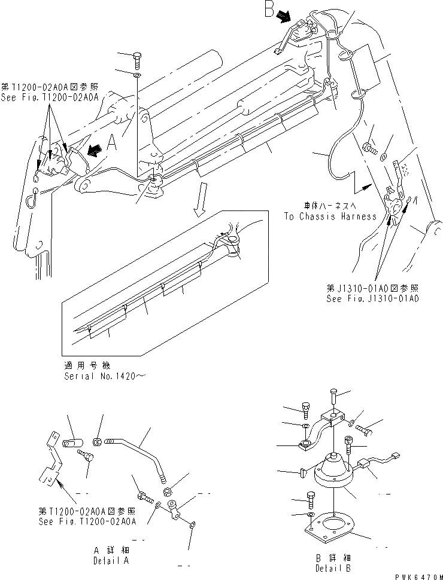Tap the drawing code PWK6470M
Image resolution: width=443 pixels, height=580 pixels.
coord(416,572)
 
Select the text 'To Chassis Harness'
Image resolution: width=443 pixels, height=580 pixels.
coord(330,216)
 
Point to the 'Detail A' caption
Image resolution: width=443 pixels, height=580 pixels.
coord(110,561)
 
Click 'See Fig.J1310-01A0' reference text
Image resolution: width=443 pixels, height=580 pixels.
coord(372,297)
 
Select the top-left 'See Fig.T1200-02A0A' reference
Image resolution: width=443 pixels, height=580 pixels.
coord(50,97)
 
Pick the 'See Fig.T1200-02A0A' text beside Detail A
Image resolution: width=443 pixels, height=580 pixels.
coord(86,521)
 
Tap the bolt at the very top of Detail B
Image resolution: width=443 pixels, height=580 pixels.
coord(333,398)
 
